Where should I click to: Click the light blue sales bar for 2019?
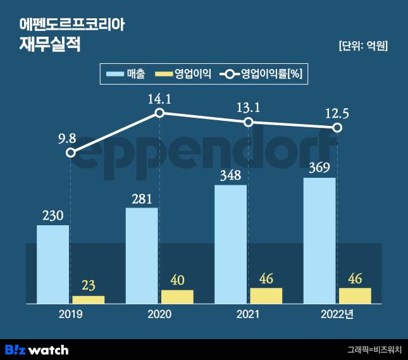click(x=53, y=264)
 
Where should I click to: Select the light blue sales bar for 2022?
click(x=319, y=240)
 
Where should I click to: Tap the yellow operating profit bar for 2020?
click(x=177, y=297)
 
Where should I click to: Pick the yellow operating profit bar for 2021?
click(x=266, y=296)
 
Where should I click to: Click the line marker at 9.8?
click(x=71, y=152)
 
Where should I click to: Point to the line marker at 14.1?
click(x=160, y=113)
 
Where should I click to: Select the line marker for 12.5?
click(x=338, y=128)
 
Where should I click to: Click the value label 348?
click(x=230, y=174)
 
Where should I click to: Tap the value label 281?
click(x=142, y=197)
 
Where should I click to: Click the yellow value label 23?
click(x=88, y=285)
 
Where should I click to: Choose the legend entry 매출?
click(x=136, y=74)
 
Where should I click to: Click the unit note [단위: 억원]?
click(x=363, y=46)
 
